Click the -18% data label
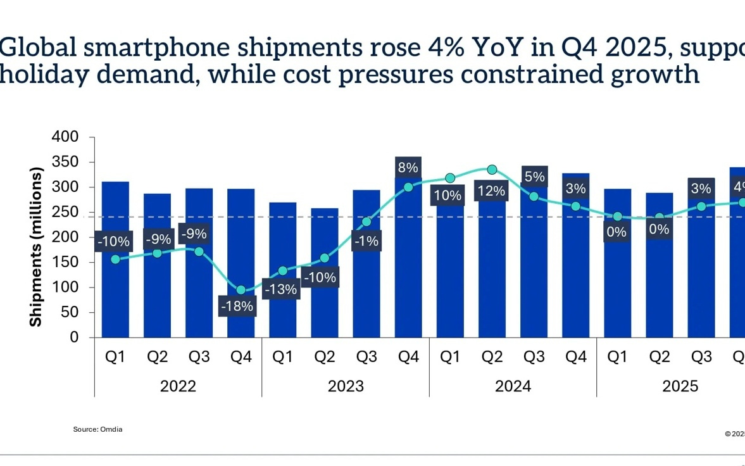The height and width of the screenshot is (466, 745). [x=237, y=306]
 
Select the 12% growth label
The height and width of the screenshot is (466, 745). [x=492, y=191]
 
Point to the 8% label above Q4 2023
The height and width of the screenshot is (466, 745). [x=408, y=168]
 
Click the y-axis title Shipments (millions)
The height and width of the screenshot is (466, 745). [x=36, y=247]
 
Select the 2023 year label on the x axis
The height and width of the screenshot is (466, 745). [x=346, y=386]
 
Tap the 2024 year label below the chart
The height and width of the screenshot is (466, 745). [x=513, y=386]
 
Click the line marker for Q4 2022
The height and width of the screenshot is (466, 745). [x=241, y=290]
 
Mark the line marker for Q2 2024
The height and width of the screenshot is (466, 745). [x=492, y=170]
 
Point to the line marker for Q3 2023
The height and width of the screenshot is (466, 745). [x=366, y=222]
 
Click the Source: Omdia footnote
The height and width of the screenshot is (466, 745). [x=97, y=429]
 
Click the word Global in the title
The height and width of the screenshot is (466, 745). [x=41, y=47]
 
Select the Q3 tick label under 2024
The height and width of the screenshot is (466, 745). [x=534, y=357]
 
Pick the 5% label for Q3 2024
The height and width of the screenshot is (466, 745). [x=534, y=177]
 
